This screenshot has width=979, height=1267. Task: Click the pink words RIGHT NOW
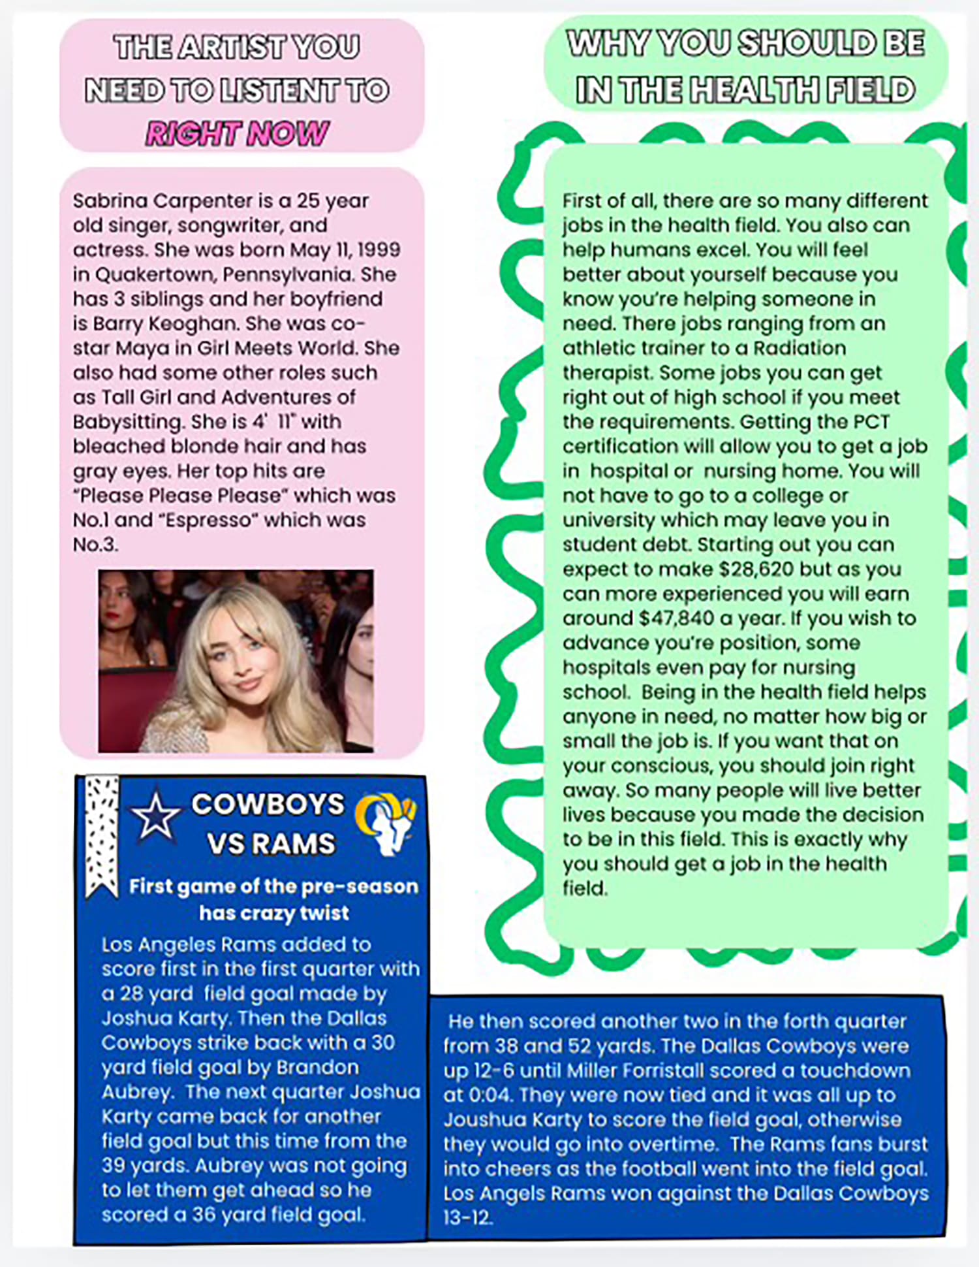pos(237,134)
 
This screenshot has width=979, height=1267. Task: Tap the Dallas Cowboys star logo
pos(155,816)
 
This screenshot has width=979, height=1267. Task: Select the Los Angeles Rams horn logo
pos(387,822)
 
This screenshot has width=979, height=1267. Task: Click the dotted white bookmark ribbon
pos(102,835)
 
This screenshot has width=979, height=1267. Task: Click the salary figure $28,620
pos(756,569)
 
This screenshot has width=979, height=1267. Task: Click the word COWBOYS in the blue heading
pos(268,805)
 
